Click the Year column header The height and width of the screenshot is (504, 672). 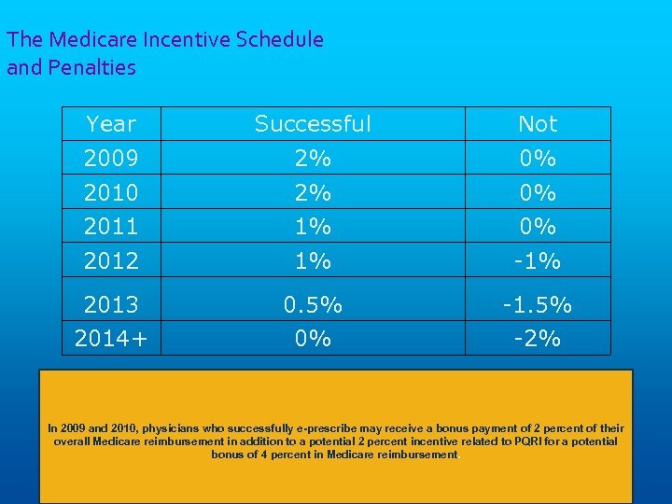click(x=110, y=124)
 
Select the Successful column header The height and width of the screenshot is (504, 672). click(x=313, y=124)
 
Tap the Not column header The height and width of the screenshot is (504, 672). click(x=538, y=124)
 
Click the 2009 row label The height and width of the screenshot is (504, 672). click(x=110, y=159)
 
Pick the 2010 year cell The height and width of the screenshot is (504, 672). click(x=110, y=192)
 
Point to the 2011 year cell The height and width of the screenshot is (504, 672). click(x=110, y=226)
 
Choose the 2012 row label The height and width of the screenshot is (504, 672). click(x=110, y=261)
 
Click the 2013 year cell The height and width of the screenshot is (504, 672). click(x=110, y=305)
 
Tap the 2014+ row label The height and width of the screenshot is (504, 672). click(x=110, y=339)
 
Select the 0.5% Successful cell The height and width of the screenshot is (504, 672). click(x=313, y=305)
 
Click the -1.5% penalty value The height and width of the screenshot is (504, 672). click(x=538, y=305)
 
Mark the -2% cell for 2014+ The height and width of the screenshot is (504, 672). click(x=538, y=339)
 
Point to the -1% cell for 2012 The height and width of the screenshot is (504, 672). click(x=538, y=261)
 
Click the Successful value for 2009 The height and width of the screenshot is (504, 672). click(x=313, y=159)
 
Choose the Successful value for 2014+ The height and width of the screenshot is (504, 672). click(x=313, y=339)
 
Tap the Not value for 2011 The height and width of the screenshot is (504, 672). click(x=538, y=226)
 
